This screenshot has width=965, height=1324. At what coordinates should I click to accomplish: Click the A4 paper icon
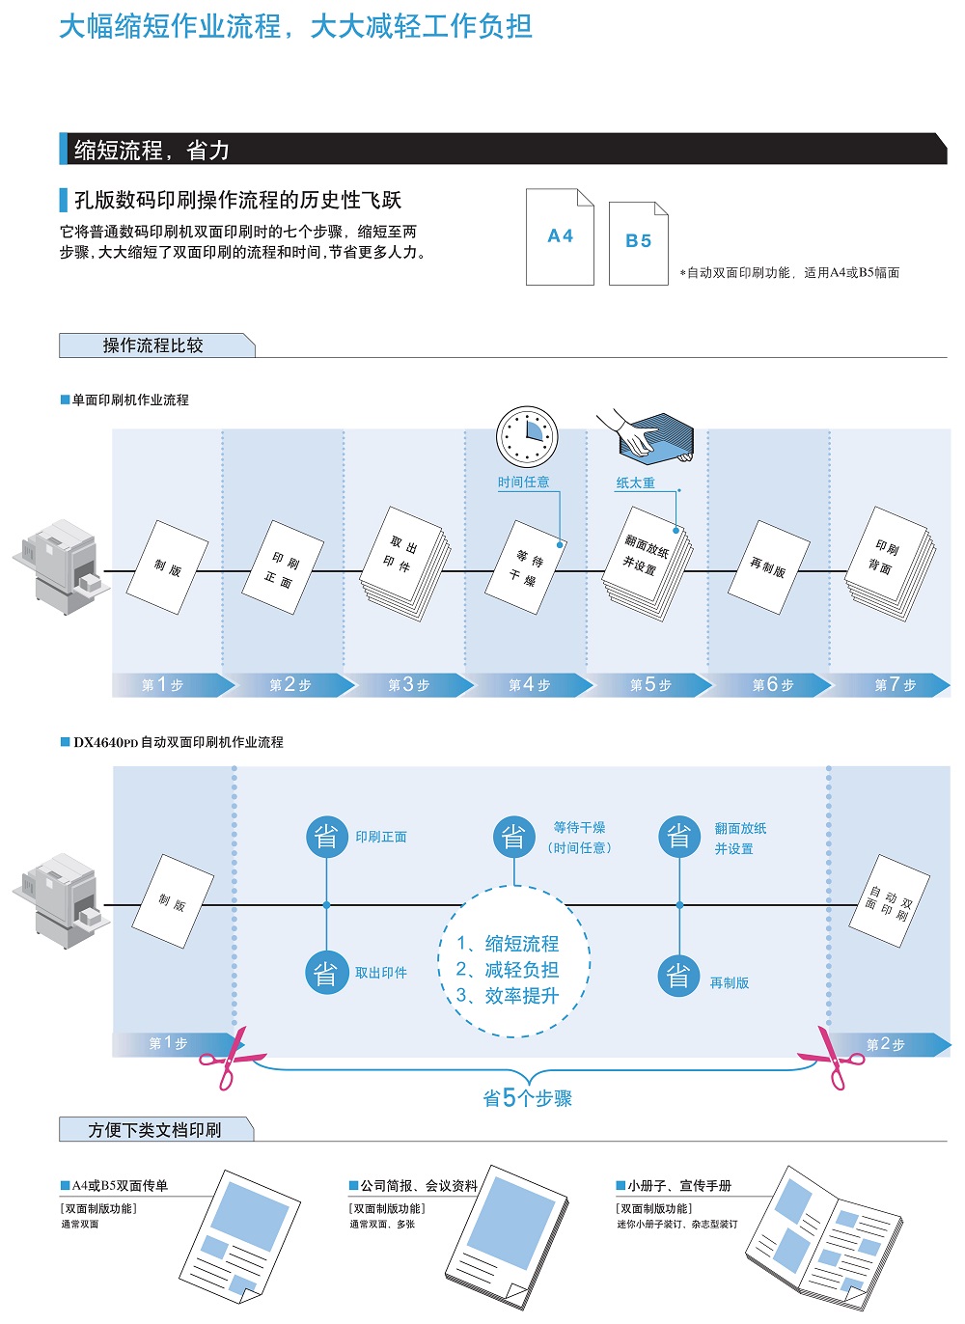pyautogui.click(x=560, y=237)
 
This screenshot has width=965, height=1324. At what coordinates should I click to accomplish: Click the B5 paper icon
pyautogui.click(x=638, y=243)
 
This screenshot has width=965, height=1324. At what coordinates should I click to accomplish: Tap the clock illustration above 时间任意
pyautogui.click(x=527, y=436)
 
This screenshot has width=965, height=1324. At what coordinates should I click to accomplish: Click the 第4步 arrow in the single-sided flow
pyautogui.click(x=529, y=685)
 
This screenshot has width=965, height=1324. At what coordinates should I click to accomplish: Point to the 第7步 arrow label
pyautogui.click(x=895, y=685)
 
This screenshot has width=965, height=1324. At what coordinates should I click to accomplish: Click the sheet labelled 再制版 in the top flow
pyautogui.click(x=767, y=567)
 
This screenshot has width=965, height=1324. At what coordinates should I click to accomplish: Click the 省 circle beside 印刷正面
pyautogui.click(x=326, y=837)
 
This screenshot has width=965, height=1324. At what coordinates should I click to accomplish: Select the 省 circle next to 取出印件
pyautogui.click(x=326, y=973)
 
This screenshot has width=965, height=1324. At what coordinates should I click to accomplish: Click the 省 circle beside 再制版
pyautogui.click(x=679, y=977)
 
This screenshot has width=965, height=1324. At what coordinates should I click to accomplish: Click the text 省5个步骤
pyautogui.click(x=527, y=1098)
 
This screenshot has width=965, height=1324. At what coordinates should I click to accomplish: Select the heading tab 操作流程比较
pyautogui.click(x=154, y=345)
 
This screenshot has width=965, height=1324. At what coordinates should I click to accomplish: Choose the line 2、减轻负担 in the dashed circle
pyautogui.click(x=508, y=970)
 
